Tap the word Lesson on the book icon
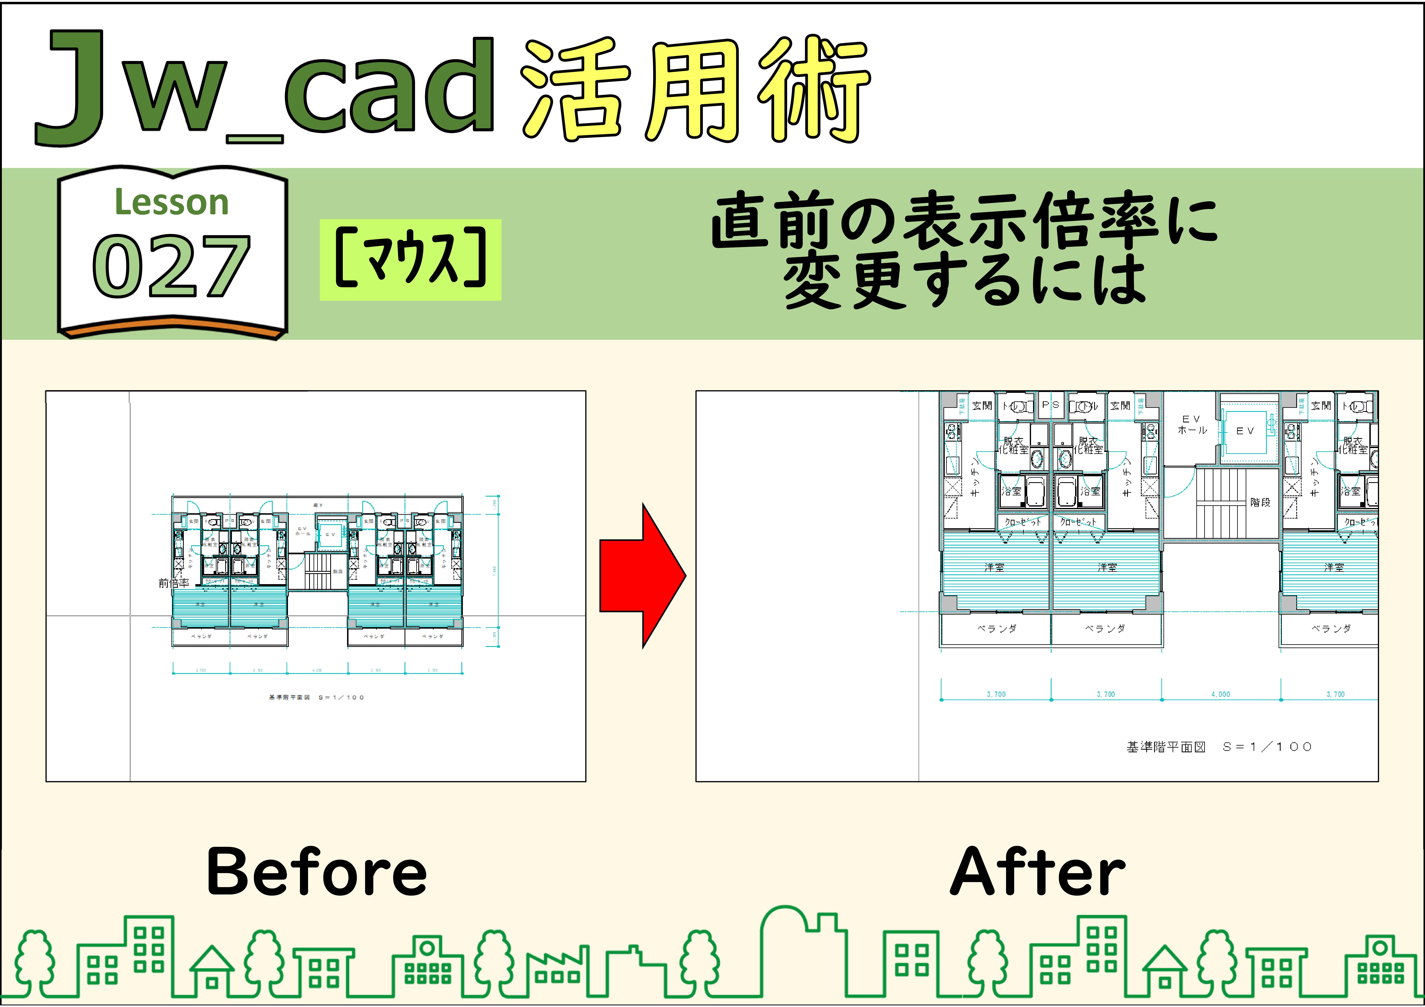(172, 202)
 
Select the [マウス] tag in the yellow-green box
(410, 260)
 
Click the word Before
(317, 872)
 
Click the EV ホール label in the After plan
(1192, 425)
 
